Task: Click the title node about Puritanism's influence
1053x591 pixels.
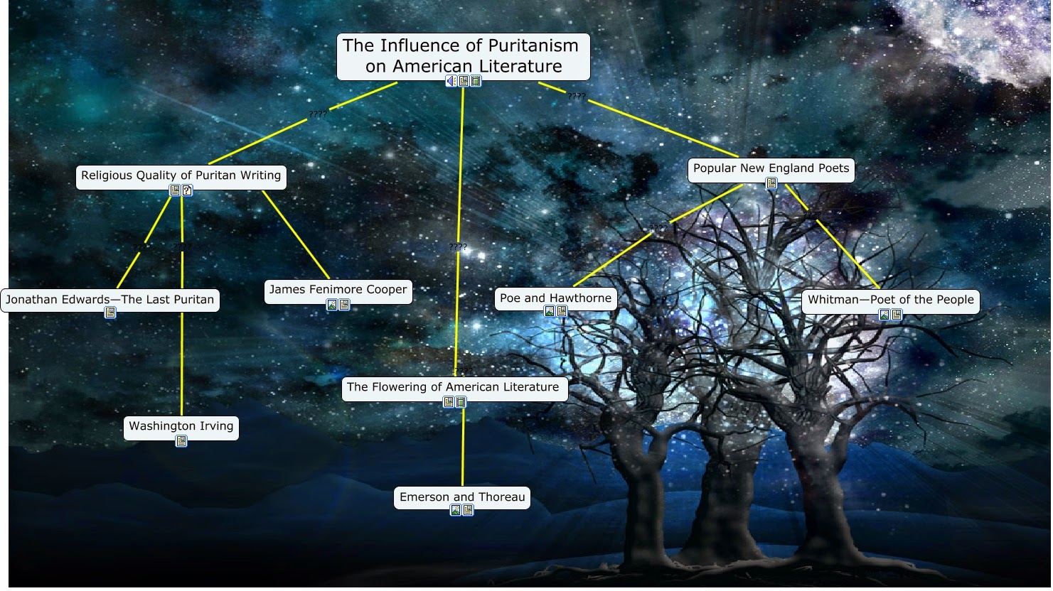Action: [x=464, y=56]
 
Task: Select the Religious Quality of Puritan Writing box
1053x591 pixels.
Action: [x=181, y=177]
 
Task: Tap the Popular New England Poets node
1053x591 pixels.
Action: [x=771, y=170]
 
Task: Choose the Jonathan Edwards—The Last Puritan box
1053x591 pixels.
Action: [x=110, y=300]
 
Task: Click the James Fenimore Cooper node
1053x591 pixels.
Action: [x=338, y=291]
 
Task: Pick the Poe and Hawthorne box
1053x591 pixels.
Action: [x=555, y=299]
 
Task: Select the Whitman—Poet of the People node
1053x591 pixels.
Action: [x=891, y=301]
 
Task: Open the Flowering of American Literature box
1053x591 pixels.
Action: [x=454, y=389]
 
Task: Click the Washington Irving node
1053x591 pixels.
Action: [x=181, y=428]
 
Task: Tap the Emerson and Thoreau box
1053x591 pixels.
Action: [x=462, y=497]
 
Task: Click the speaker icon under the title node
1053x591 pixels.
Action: [x=451, y=81]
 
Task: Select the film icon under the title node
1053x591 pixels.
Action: [x=476, y=81]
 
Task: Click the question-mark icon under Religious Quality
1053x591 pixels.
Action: [x=187, y=190]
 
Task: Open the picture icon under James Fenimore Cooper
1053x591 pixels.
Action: [x=332, y=305]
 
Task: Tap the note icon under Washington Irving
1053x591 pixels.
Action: [x=181, y=441]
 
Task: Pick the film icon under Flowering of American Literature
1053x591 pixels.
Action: [x=461, y=402]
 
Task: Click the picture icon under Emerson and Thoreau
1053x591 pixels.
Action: [x=456, y=510]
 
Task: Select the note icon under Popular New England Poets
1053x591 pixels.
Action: [x=771, y=183]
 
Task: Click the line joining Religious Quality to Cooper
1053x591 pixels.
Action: [x=296, y=234]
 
